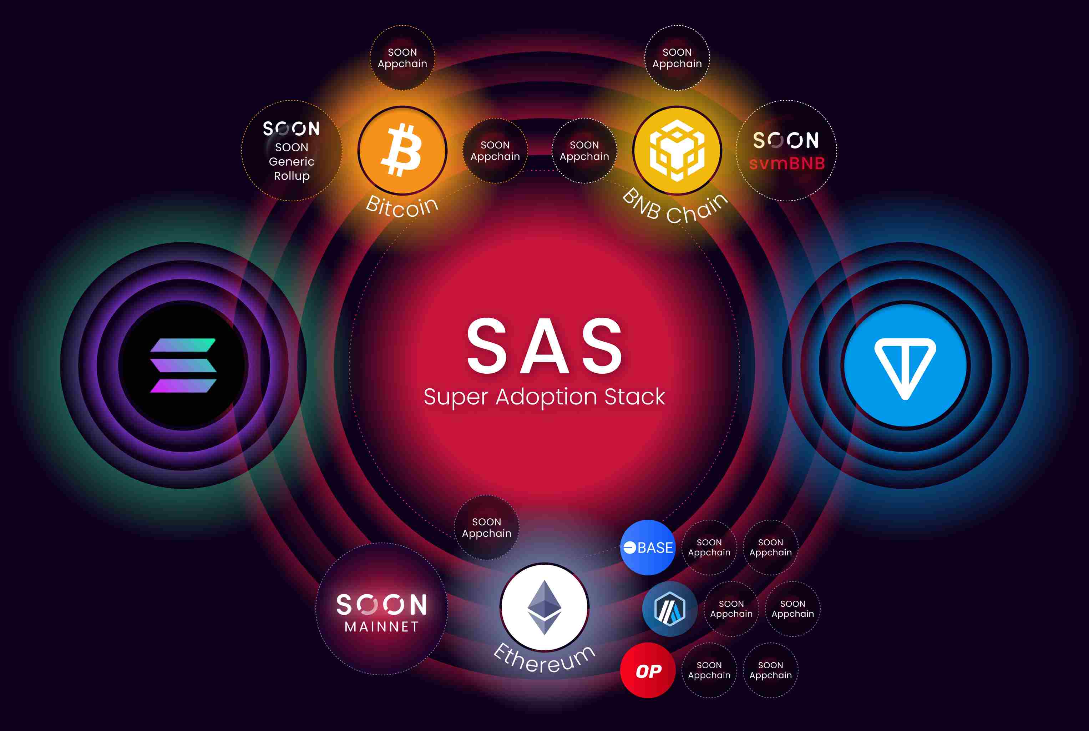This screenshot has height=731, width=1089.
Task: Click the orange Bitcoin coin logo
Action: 402,151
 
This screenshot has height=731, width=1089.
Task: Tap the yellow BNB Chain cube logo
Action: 677,151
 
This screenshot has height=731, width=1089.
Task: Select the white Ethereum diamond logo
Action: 544,608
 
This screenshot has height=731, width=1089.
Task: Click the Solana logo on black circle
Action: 183,365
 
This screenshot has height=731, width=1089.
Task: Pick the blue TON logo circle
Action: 905,365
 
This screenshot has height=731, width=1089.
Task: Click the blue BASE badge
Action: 648,547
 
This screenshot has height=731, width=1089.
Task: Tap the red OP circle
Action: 648,670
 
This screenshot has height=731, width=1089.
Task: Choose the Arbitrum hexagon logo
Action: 670,609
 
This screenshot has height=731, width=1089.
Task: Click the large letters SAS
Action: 544,346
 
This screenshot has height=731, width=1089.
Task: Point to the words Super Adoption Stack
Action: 544,397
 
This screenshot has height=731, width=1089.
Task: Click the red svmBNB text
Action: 786,163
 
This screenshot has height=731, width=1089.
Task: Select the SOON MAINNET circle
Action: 382,609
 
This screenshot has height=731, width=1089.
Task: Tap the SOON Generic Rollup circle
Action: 292,151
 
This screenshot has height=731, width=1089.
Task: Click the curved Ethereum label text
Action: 544,659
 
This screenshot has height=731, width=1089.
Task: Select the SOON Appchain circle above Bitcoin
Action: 402,58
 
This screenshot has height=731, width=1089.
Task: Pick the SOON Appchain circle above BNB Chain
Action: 677,58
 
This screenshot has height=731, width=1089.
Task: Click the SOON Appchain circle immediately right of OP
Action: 709,670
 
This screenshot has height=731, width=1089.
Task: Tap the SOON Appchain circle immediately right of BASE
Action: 709,547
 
